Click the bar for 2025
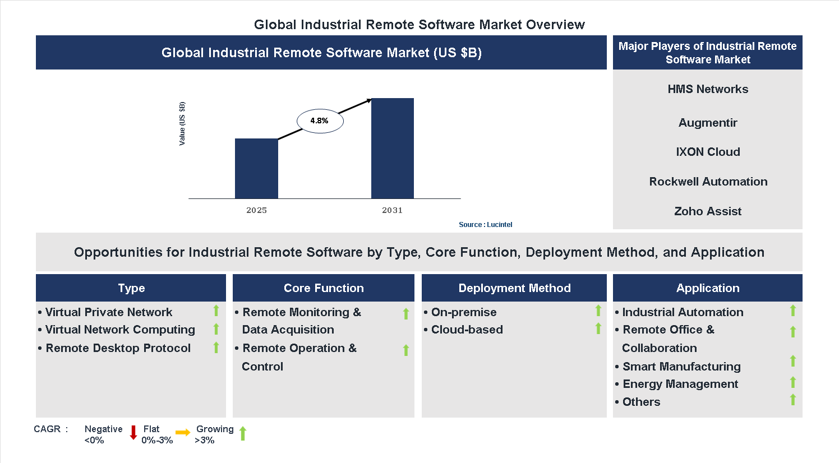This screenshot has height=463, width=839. click(x=256, y=169)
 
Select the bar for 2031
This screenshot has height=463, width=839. click(x=393, y=149)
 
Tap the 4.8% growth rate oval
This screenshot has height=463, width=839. click(x=320, y=121)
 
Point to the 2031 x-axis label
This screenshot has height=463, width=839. click(x=393, y=210)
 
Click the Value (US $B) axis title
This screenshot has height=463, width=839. click(x=182, y=124)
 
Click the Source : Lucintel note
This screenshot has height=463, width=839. click(x=485, y=225)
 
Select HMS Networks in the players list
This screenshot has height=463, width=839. click(x=708, y=89)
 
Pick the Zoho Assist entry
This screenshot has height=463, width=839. click(x=708, y=211)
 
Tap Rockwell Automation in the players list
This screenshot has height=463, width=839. click(x=708, y=182)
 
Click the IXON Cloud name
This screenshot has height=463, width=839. click(x=708, y=152)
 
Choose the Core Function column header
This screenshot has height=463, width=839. click(x=324, y=288)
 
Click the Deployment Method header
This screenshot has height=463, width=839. click(x=514, y=288)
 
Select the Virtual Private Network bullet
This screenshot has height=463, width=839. click(x=109, y=312)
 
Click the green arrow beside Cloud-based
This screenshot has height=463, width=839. click(x=598, y=328)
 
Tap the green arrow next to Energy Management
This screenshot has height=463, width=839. click(x=793, y=382)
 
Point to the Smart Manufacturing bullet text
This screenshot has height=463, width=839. click(x=681, y=367)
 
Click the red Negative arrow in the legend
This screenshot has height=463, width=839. click(x=133, y=432)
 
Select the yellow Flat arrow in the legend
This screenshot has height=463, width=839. click(x=183, y=432)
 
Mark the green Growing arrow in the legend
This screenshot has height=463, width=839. click(x=243, y=433)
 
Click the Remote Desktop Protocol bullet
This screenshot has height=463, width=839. click(x=118, y=348)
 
